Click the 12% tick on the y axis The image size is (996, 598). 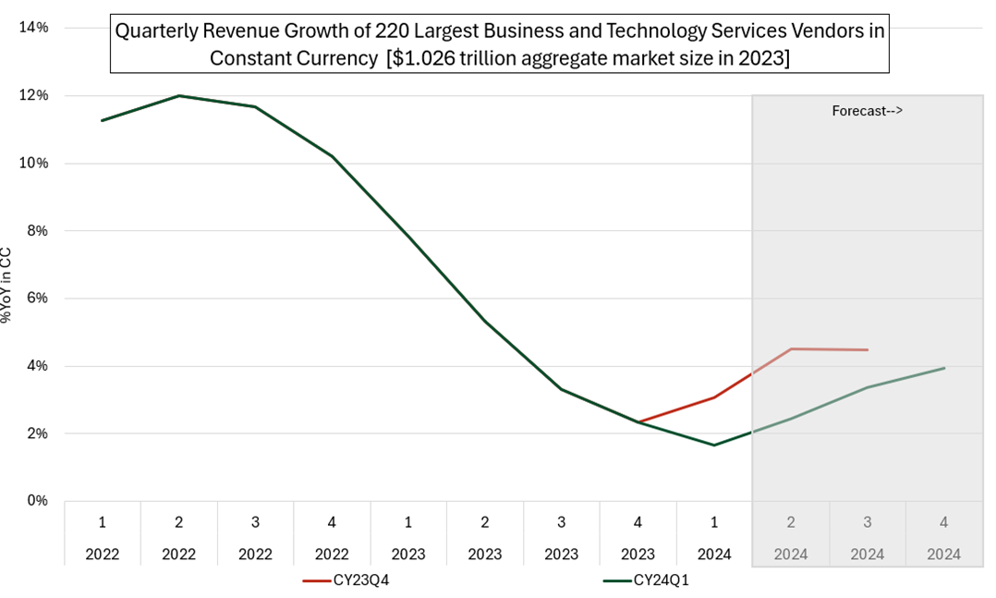click(x=36, y=95)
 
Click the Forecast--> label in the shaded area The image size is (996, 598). click(x=867, y=111)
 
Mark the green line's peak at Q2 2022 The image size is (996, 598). click(x=179, y=95)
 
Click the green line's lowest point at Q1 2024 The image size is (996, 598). click(x=714, y=445)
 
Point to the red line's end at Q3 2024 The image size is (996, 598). click(x=868, y=350)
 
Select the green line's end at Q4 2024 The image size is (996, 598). click(x=944, y=368)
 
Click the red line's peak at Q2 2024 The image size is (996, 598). click(x=791, y=348)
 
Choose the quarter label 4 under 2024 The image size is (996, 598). click(x=943, y=522)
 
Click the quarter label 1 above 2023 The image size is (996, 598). click(x=408, y=522)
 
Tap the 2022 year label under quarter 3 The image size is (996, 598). click(x=255, y=555)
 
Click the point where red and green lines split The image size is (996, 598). click(x=638, y=422)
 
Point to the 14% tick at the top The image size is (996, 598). click(x=36, y=28)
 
